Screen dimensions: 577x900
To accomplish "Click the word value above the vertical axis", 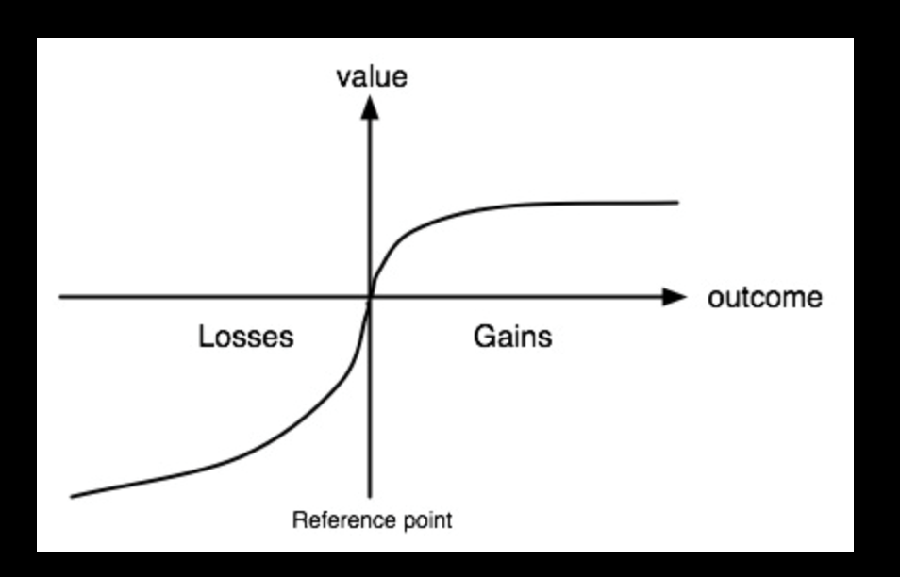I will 372,76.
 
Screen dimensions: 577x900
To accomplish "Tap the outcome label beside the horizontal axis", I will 764,298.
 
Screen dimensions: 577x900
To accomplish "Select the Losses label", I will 245,337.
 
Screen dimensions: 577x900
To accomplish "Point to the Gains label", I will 511,337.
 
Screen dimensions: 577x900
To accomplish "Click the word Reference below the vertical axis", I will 333,519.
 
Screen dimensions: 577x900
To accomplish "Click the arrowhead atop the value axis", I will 370,107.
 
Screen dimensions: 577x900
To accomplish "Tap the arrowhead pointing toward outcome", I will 675,297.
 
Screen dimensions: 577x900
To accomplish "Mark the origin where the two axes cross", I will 370,297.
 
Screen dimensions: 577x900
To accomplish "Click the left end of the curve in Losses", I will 73,496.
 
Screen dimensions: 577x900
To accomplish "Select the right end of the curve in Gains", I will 676,202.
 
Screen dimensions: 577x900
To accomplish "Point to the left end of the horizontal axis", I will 61,297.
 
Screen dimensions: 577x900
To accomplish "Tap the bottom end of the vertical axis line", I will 370,495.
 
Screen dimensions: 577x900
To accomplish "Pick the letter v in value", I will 343,78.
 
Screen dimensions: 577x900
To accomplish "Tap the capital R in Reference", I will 298,519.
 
